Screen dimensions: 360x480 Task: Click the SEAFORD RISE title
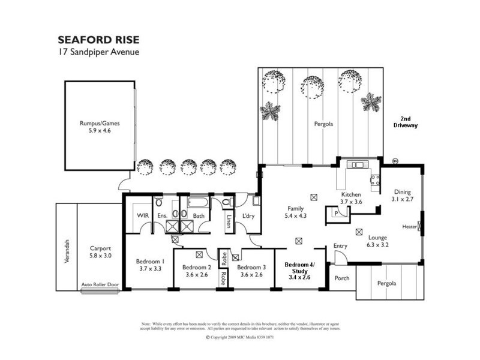pos(98,40)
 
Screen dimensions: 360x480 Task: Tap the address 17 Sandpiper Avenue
pos(98,52)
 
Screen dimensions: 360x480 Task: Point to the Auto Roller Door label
pos(101,285)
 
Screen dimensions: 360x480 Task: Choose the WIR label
pos(142,214)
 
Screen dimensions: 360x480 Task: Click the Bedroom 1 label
pos(150,265)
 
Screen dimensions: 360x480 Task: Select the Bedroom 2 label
pos(195,271)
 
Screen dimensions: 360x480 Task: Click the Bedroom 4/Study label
pos(298,271)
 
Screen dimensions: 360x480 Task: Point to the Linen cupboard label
pos(229,221)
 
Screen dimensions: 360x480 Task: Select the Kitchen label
pos(351,199)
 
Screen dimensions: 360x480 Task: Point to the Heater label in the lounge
pos(410,227)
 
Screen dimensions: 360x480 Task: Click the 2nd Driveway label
pos(405,122)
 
